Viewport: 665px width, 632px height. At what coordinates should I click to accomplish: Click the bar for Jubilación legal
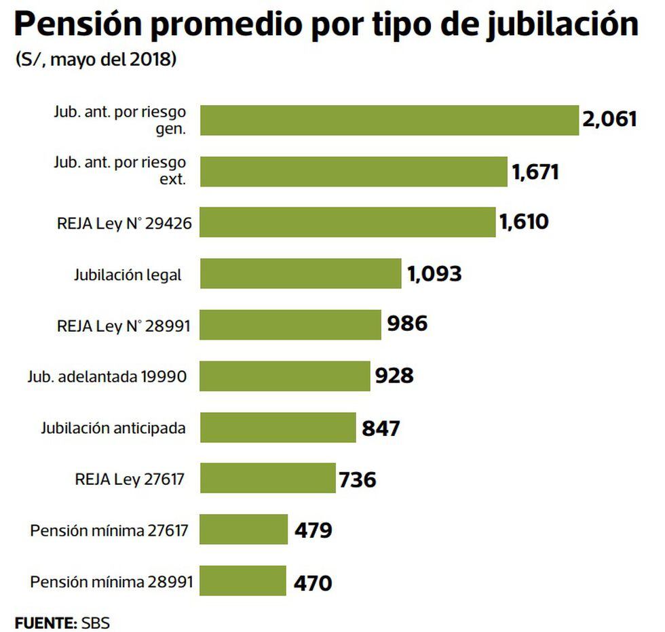point(301,273)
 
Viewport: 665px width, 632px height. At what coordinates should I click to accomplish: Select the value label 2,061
point(609,120)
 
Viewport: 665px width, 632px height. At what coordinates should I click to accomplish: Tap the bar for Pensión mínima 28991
point(243,581)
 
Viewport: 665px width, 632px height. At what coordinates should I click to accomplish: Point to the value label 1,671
point(535,172)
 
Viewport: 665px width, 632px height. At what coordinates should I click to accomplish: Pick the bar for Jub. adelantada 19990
point(285,376)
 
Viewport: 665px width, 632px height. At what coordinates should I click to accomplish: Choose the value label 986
point(407,324)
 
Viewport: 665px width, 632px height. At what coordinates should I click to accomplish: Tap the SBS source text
point(95,620)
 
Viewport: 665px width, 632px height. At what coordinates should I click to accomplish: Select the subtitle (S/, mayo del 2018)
point(96,60)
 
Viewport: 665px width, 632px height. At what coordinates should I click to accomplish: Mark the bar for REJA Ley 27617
point(268,478)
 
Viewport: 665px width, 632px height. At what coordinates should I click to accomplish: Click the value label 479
point(313,530)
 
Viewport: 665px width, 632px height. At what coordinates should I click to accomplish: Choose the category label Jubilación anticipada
point(113,428)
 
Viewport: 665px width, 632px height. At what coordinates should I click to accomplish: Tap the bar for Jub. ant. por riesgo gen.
point(389,120)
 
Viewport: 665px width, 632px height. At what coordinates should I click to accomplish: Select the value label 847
point(381,428)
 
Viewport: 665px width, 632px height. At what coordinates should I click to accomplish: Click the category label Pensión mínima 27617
point(109,530)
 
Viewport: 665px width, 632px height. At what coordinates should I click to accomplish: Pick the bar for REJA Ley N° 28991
point(290,324)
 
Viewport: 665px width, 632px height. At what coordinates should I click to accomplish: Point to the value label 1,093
point(434,273)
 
